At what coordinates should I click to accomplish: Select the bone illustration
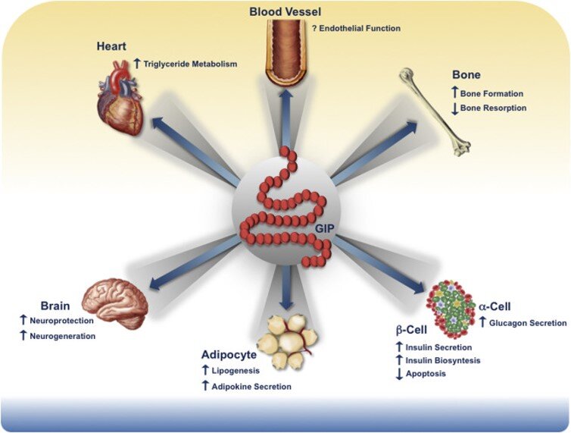pos(435,112)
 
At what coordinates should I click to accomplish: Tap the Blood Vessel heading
pos(285,11)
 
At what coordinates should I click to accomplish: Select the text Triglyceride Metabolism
pos(189,64)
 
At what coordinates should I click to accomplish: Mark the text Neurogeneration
pos(63,336)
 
